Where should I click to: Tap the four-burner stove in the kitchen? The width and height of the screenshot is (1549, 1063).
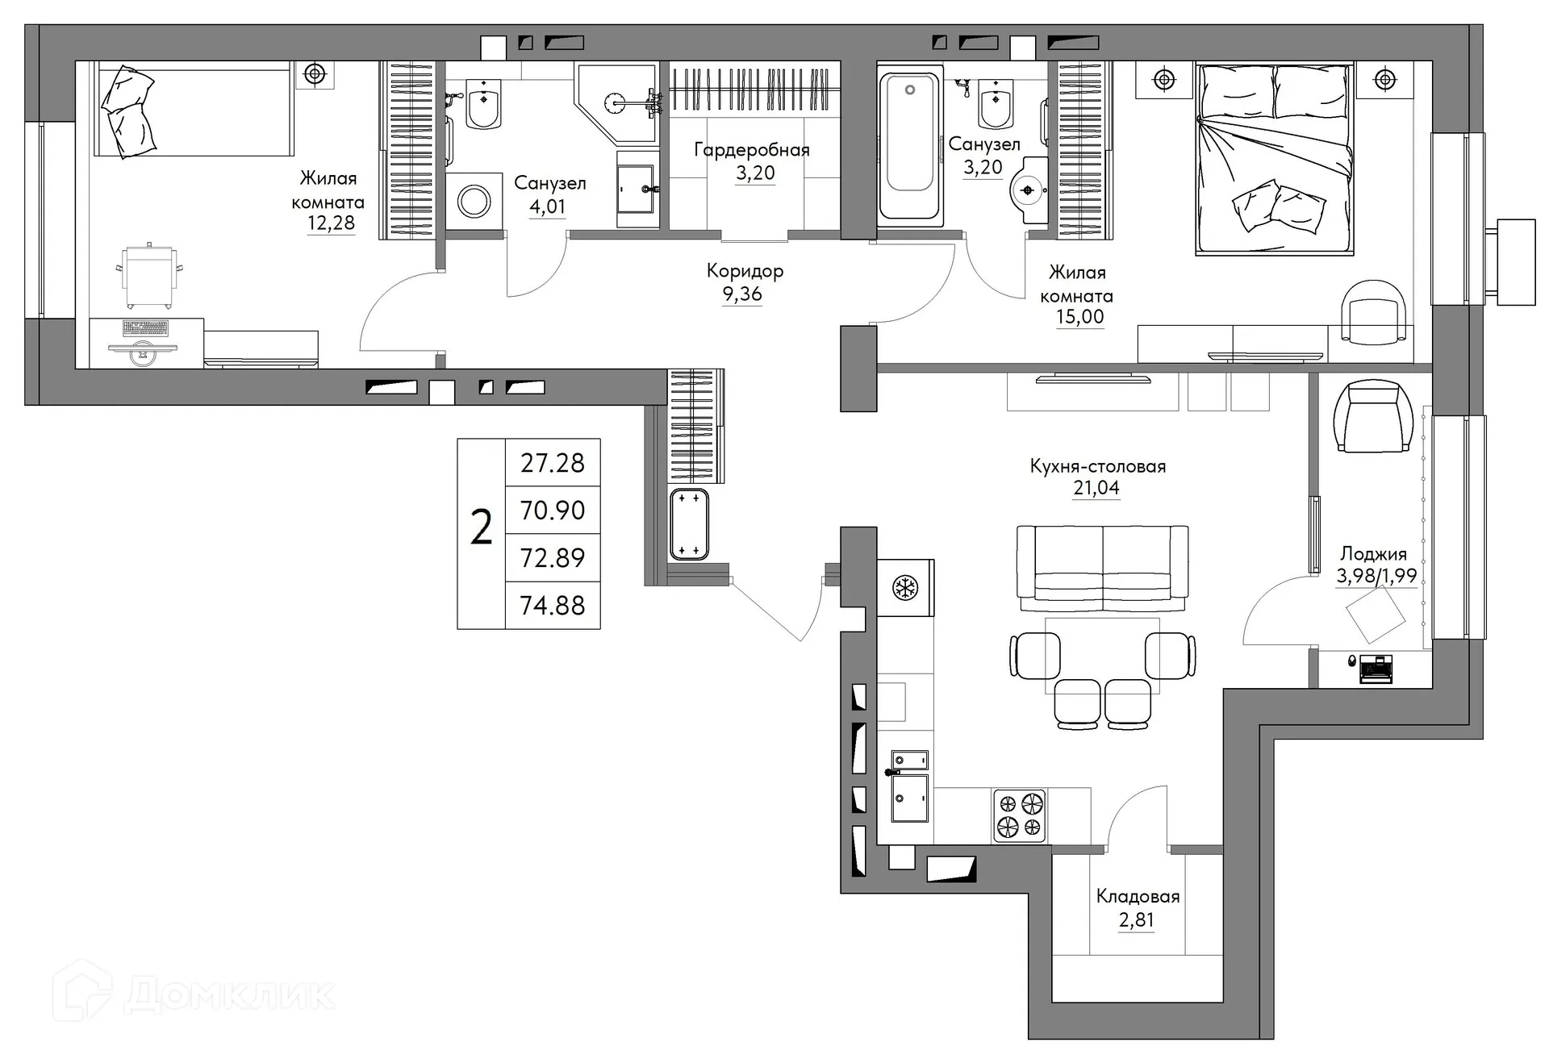[x=1020, y=815]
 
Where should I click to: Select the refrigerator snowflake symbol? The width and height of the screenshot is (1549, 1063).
[x=904, y=588]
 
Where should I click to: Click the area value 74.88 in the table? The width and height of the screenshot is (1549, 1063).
[x=553, y=606]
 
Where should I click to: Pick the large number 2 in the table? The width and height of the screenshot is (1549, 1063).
[x=481, y=530]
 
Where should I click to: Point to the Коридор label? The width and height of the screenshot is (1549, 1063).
[x=745, y=271]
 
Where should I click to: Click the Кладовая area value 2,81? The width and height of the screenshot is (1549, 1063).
[x=1136, y=920]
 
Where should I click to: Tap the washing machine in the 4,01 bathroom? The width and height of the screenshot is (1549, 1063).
[x=474, y=202]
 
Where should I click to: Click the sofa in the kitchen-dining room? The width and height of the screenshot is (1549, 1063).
[x=1102, y=568]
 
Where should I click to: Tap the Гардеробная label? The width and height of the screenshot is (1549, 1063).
[x=752, y=150]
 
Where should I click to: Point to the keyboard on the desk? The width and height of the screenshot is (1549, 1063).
[x=145, y=328]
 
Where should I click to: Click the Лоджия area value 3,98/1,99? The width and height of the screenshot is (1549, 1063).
[x=1376, y=576]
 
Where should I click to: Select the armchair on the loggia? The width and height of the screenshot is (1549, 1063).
[x=1372, y=417]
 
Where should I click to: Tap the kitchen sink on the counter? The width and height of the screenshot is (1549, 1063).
[x=909, y=797]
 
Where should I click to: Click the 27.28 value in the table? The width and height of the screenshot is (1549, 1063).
[x=553, y=463]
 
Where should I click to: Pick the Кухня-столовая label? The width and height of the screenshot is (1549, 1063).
[x=1097, y=466]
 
